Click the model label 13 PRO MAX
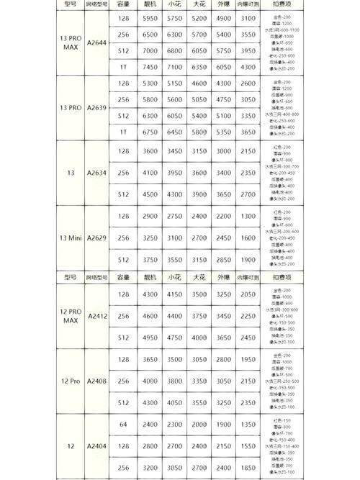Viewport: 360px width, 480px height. [71, 42]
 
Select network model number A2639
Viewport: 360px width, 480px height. [96, 108]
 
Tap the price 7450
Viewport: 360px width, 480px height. [150, 67]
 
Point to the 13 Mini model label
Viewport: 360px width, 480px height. [71, 237]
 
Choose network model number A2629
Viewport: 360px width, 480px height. [96, 237]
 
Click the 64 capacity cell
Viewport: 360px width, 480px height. [123, 425]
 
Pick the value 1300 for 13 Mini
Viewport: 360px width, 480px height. [248, 216]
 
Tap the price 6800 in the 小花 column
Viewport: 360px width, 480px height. [175, 51]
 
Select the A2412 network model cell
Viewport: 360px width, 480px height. [96, 316]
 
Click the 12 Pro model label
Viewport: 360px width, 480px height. [71, 381]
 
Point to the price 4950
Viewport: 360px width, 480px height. [150, 338]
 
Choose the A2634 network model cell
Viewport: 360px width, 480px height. [96, 173]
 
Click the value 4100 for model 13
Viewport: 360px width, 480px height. [150, 173]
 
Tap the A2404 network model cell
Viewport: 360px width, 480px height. [96, 446]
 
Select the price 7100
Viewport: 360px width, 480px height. [175, 67]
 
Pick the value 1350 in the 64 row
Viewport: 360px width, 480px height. [248, 425]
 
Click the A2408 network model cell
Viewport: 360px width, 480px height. [96, 381]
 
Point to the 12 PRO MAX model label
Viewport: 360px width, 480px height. [71, 316]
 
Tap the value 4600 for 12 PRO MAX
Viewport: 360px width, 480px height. [150, 316]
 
